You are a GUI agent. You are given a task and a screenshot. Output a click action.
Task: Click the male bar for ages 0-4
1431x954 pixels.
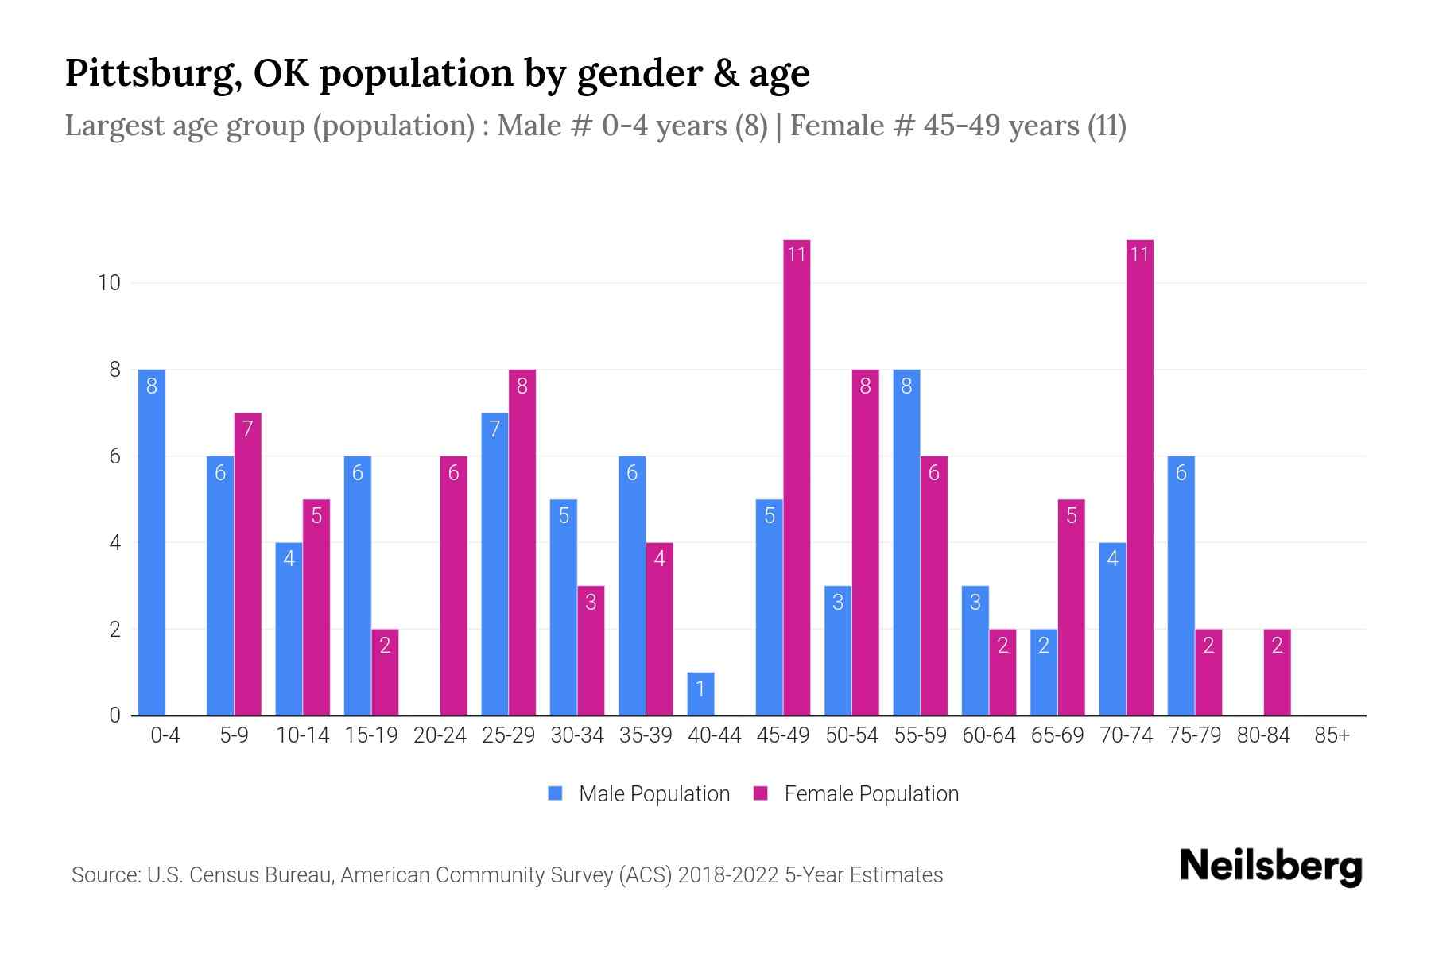tap(151, 542)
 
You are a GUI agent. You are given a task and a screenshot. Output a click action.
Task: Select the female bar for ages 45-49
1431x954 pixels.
tap(797, 477)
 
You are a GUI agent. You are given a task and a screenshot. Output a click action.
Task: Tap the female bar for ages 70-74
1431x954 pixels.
tap(1139, 477)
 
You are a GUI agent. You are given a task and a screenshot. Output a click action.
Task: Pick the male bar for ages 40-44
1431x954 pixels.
tap(700, 694)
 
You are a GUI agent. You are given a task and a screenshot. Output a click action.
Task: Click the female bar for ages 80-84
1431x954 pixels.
tap(1277, 673)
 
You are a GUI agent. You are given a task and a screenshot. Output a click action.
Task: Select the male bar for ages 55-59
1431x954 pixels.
tap(906, 542)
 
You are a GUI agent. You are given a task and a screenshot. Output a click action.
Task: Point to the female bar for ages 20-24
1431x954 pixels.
tap(453, 586)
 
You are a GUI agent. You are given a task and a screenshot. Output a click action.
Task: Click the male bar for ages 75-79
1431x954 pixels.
tap(1181, 586)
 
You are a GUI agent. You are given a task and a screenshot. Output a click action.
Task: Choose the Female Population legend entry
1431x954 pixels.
tap(856, 793)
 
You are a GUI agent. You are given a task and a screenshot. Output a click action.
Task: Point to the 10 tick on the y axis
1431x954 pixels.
tap(108, 282)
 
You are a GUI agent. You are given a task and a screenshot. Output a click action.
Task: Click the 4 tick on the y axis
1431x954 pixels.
tap(114, 543)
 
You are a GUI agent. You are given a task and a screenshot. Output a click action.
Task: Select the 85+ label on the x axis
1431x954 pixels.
tap(1332, 735)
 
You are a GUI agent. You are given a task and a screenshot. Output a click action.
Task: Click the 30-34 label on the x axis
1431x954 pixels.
tap(577, 735)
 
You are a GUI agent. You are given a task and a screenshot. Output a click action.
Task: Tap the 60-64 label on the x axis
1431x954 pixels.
tap(989, 735)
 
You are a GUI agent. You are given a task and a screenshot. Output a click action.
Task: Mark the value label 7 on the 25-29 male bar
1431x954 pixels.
tap(494, 429)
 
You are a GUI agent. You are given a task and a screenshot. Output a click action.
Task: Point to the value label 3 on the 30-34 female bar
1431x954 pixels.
tap(591, 602)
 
